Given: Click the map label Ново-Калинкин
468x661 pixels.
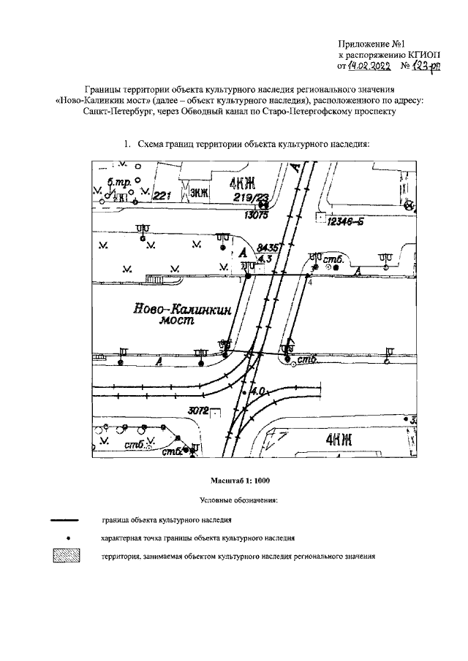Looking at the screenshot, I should click(181, 310).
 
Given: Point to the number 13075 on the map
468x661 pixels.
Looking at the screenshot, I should click(258, 216).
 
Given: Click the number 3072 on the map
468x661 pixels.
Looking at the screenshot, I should click(198, 410).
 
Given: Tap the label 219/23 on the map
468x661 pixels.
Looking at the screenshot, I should click(250, 198).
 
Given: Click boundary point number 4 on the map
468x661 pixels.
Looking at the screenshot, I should click(310, 281).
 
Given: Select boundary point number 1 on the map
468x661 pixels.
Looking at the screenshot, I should click(239, 280).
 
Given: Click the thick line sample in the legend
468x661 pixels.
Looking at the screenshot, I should click(64, 520).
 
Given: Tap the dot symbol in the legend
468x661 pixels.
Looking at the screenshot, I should click(67, 538).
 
